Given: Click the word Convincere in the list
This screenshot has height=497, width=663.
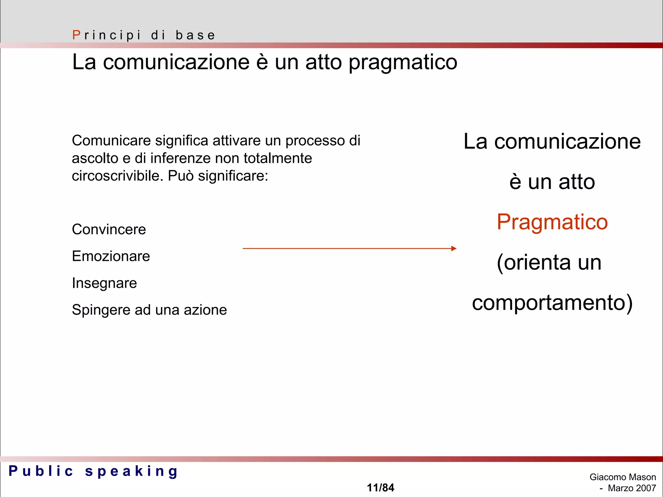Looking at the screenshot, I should pos(109,229).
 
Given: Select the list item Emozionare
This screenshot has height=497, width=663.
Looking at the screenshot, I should pos(111,256).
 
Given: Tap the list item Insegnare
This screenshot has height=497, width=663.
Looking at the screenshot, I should pos(104,283).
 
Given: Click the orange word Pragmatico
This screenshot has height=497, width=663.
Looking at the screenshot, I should pos(552,222).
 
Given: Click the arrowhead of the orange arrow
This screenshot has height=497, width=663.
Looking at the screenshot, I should pos(454,248).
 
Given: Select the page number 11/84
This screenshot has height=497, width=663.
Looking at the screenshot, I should pos(380,488).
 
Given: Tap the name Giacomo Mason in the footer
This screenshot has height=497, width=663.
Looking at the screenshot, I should pos(623,477).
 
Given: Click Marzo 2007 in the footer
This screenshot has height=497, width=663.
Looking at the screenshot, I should pos(632,488).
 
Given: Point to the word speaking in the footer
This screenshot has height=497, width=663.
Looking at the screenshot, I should pos(131,471).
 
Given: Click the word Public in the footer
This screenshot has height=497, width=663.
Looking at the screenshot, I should pos(41,471).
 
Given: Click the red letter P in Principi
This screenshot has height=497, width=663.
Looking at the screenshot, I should pos(76,35).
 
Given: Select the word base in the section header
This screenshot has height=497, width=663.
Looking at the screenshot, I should pos(195,35).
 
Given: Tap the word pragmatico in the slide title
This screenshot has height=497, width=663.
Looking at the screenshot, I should pos(403,62).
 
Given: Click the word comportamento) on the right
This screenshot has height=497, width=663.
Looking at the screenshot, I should pos(552,303).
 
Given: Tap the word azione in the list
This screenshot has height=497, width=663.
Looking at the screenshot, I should pos(205,310).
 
